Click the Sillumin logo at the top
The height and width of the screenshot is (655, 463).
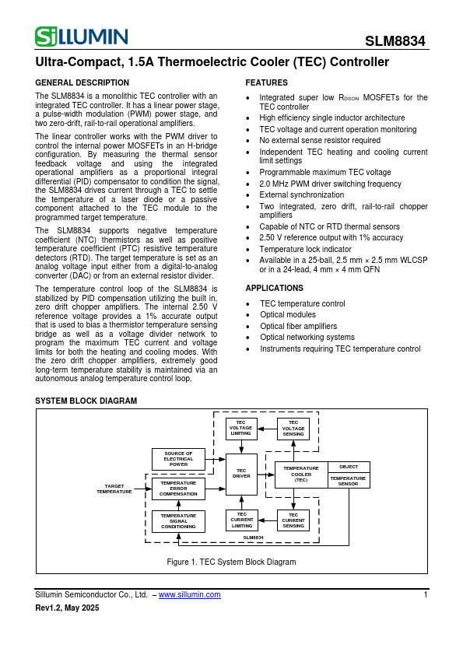click(x=81, y=36)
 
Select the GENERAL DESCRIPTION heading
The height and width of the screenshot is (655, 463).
click(x=82, y=82)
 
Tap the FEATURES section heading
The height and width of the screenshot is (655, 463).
click(x=266, y=82)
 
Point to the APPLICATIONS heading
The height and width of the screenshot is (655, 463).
click(x=274, y=288)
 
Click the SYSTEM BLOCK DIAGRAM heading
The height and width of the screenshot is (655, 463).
click(x=86, y=401)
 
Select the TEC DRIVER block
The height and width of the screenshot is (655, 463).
click(x=241, y=473)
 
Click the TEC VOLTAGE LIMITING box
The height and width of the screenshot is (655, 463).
click(x=241, y=429)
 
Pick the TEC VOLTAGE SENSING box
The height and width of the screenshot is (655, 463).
click(x=293, y=429)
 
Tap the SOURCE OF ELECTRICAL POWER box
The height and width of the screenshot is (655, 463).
click(x=178, y=459)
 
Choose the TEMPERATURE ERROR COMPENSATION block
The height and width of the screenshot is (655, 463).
click(x=178, y=489)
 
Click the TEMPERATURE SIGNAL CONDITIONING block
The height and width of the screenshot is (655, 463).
click(x=178, y=520)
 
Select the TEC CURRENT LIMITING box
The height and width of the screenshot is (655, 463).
click(x=241, y=520)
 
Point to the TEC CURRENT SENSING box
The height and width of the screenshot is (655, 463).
click(x=293, y=520)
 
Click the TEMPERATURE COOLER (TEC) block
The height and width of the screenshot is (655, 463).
click(x=301, y=475)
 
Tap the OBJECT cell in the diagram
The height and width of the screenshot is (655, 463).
click(x=349, y=467)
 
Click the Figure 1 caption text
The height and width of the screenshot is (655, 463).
click(x=231, y=562)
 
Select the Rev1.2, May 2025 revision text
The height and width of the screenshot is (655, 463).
click(x=68, y=608)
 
